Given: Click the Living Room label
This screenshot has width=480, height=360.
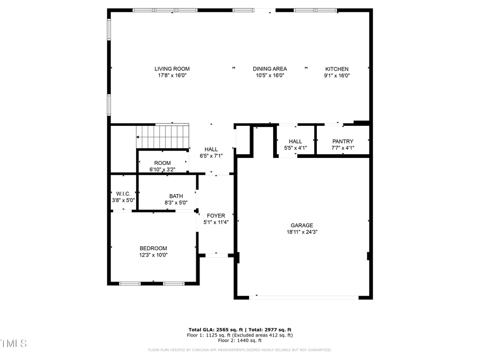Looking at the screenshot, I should (172, 69).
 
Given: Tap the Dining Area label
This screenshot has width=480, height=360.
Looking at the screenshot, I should (269, 69).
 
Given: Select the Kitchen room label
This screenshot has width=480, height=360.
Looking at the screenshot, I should (337, 69).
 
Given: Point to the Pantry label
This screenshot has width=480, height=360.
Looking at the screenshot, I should (342, 141).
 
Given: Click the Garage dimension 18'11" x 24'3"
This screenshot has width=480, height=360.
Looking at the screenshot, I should (302, 232).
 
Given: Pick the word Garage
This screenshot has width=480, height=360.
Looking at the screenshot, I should (302, 225).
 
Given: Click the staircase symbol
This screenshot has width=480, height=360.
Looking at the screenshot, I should (163, 136).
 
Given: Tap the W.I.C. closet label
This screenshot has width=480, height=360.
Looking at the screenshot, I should (123, 194).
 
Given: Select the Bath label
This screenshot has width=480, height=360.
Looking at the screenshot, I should (176, 196).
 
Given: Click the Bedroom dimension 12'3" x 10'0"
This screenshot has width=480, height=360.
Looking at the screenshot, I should (153, 255).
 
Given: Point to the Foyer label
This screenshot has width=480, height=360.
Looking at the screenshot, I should (216, 215).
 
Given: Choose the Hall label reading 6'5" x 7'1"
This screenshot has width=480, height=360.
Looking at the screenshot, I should (211, 156).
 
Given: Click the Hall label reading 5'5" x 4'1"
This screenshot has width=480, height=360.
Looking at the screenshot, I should (295, 148).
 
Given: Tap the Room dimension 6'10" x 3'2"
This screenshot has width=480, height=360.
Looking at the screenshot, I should (163, 170).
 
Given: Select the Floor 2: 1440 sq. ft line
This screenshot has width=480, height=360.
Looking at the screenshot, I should (239, 340).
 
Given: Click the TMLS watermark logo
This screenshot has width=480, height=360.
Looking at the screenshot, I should (13, 343).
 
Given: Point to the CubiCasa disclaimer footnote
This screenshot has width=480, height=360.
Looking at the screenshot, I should (239, 350).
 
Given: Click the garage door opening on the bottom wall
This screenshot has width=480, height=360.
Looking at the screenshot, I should (303, 296).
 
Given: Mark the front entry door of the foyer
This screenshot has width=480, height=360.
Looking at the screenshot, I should (216, 255).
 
